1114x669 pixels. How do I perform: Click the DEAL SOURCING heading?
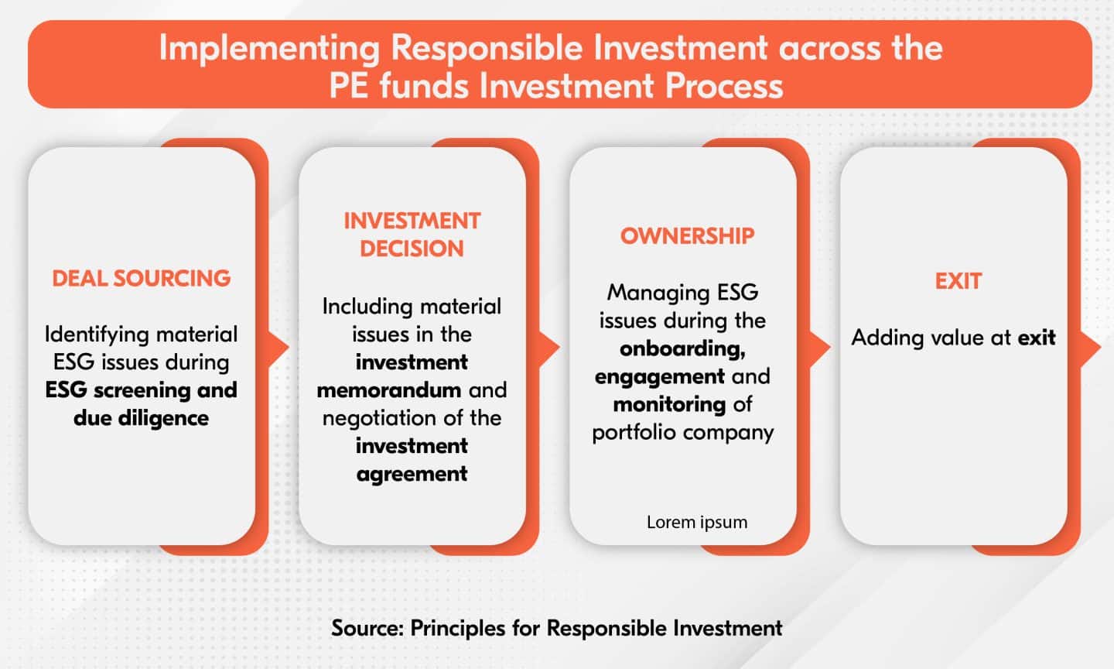(x=142, y=278)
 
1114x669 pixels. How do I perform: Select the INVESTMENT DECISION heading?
(x=412, y=235)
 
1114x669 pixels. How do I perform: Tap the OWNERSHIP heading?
(x=687, y=235)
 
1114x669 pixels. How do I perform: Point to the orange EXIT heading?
(x=958, y=281)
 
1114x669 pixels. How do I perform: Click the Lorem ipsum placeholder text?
(x=697, y=522)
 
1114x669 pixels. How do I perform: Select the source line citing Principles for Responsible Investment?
(x=557, y=627)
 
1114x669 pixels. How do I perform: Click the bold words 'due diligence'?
(x=142, y=418)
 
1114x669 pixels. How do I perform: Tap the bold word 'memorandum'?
(x=388, y=389)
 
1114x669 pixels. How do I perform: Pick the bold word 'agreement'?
(x=412, y=473)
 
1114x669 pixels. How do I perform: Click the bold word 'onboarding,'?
(x=683, y=348)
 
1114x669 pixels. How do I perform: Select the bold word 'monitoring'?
(x=669, y=404)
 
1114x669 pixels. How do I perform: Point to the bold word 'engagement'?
(x=660, y=376)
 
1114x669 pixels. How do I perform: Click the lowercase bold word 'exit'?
(x=1037, y=338)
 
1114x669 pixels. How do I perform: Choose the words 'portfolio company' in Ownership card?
(x=683, y=432)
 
